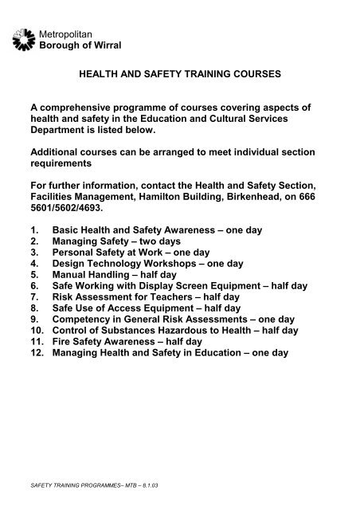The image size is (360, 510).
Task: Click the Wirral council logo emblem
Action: (24, 38)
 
